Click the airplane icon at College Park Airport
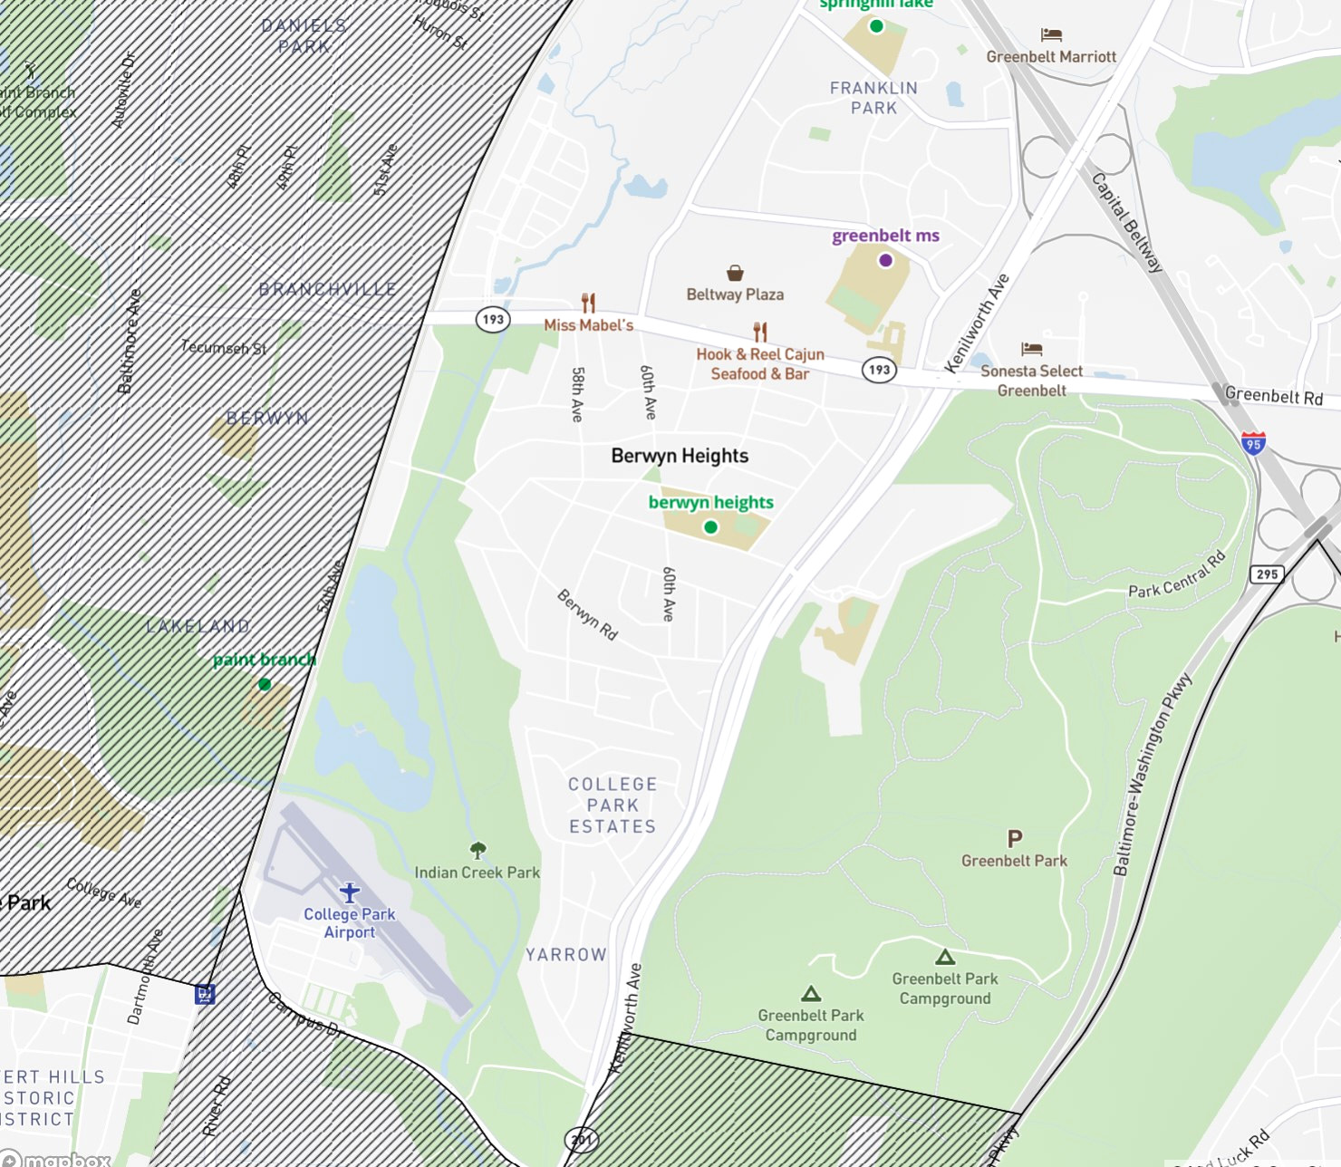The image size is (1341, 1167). coord(350,892)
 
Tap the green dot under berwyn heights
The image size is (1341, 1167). coord(711,526)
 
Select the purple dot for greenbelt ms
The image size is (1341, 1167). coord(886,260)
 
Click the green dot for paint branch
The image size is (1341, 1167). coord(265,684)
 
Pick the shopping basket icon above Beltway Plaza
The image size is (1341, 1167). coord(735,273)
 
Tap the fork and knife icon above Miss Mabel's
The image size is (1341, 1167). coord(588,303)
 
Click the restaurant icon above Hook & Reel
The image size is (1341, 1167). coord(760,333)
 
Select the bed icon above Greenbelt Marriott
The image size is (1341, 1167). coord(1051,35)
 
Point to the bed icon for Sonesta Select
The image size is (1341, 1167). coord(1031,349)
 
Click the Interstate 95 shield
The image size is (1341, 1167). coord(1253,443)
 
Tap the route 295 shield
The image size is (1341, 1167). coord(1267,574)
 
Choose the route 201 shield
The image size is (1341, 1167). coord(582,1140)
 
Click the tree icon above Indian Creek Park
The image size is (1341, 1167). coord(478,850)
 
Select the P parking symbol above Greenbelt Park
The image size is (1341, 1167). coord(1015,839)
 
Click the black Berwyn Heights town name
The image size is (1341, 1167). coord(680,456)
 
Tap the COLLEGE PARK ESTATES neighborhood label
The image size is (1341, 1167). coord(613,805)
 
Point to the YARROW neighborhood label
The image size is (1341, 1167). coord(566,954)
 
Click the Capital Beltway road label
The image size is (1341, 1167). coord(1126,223)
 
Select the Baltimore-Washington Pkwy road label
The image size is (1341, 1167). coord(1152,775)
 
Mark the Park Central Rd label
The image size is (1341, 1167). coord(1177,575)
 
